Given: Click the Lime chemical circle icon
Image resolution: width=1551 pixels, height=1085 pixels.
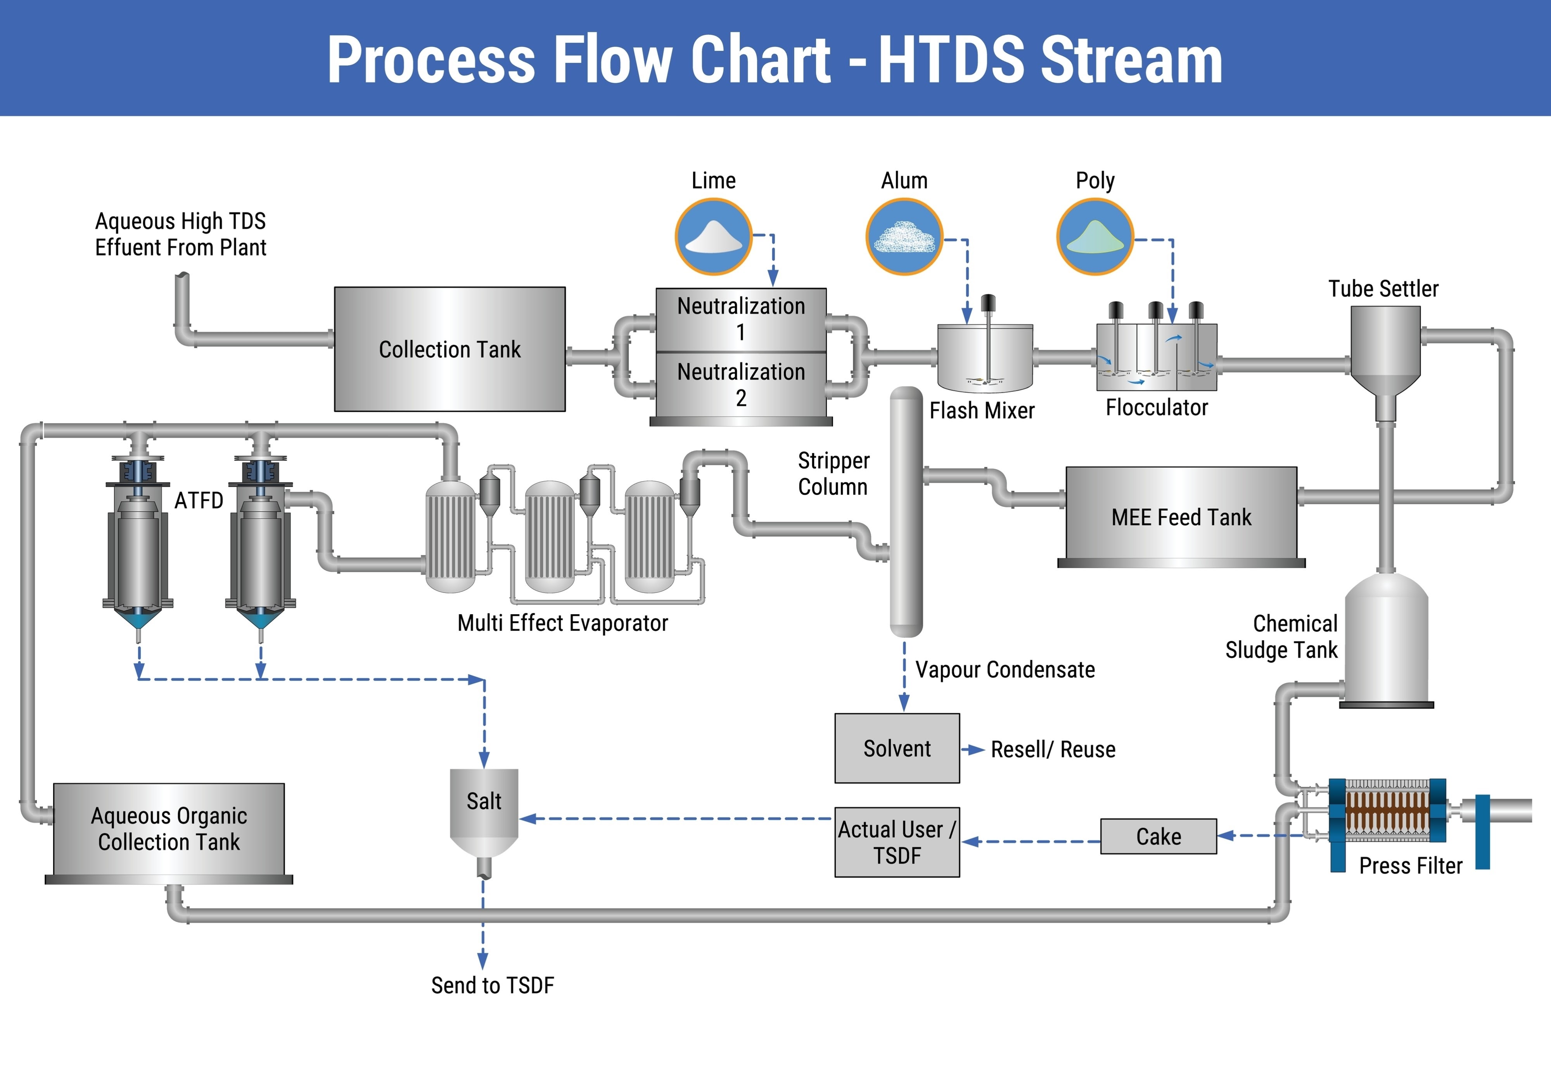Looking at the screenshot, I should click(713, 237).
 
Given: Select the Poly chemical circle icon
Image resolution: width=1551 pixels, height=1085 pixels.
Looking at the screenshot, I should click(1095, 237).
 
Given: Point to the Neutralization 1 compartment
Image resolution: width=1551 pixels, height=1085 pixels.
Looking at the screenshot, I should click(741, 319).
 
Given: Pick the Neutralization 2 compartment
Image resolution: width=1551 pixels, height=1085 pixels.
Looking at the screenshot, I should click(741, 384).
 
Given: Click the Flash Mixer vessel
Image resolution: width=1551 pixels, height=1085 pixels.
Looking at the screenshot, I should click(985, 358).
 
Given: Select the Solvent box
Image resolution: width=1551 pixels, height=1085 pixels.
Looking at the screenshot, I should click(897, 748).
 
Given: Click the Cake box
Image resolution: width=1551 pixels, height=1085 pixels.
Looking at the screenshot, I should click(1158, 836).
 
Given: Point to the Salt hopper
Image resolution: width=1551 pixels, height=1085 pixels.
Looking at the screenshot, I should click(484, 807).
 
